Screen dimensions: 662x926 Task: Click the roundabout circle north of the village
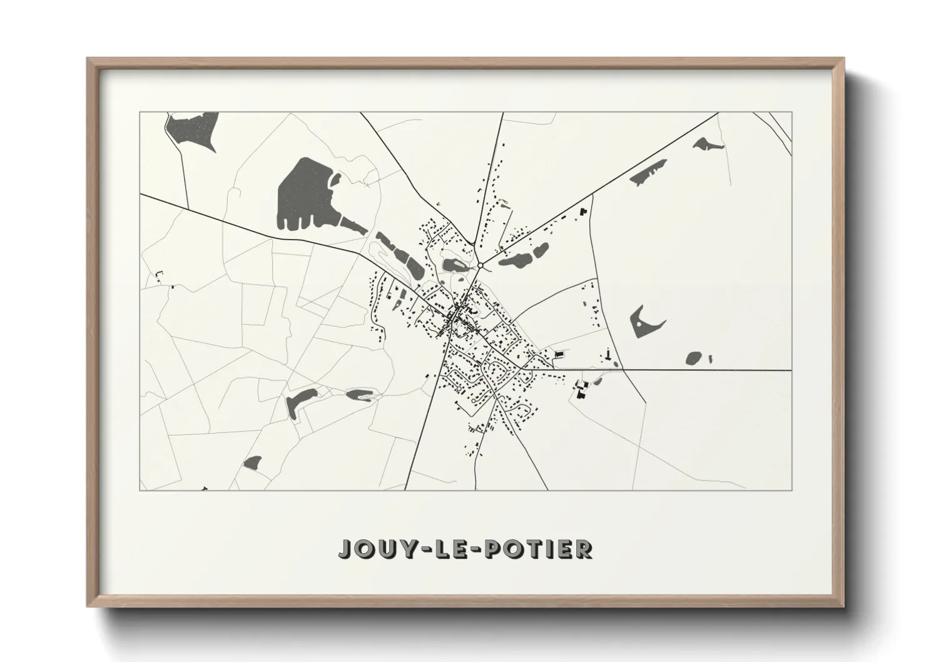[x=480, y=266]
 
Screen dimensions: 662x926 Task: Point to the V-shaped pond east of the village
[x=644, y=323]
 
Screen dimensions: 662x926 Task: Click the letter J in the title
[x=346, y=549]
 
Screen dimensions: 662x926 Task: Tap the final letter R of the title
[x=584, y=549]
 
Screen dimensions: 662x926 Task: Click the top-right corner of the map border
[x=791, y=113]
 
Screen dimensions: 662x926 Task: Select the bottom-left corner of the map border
[x=140, y=489]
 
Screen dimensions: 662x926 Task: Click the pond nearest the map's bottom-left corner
[x=252, y=463]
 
